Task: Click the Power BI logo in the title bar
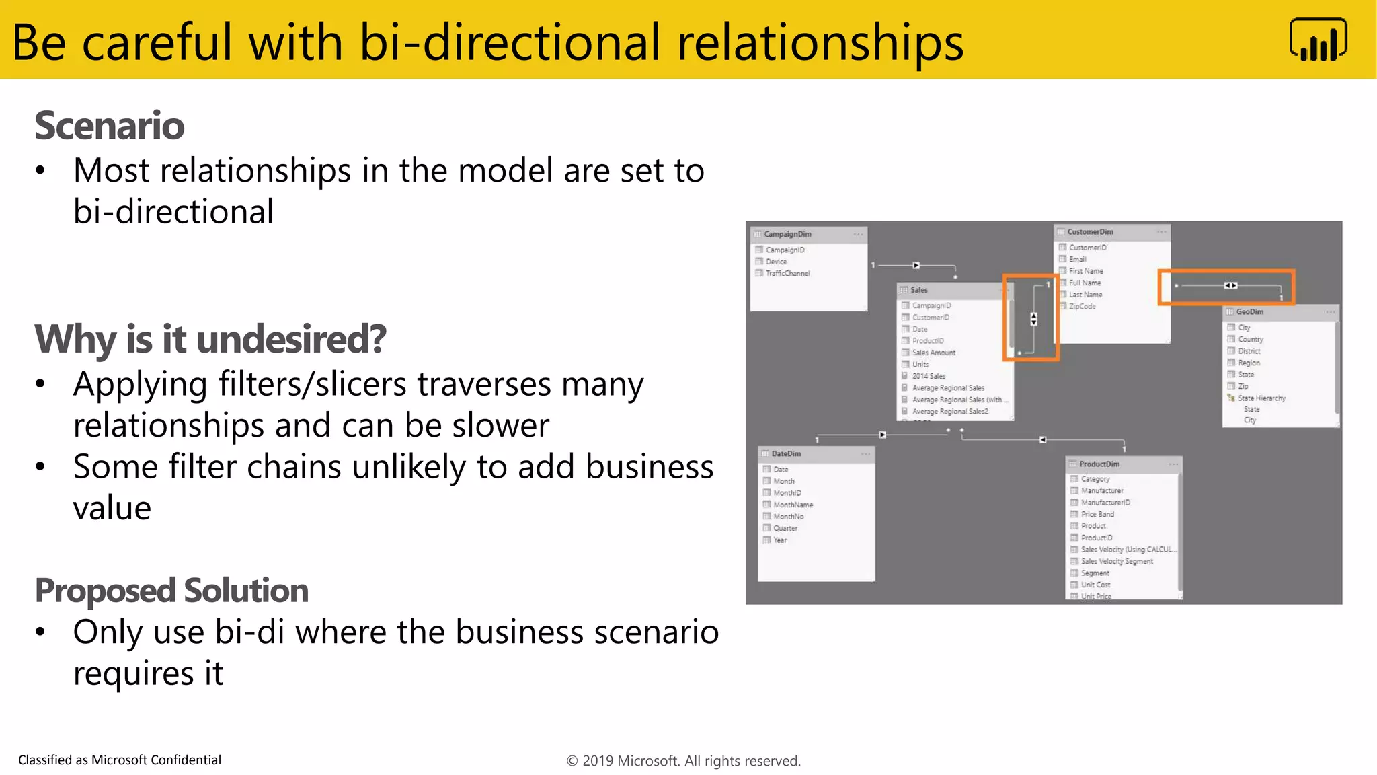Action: [x=1318, y=40]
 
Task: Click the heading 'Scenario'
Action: [x=109, y=126]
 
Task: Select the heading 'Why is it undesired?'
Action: [x=210, y=339]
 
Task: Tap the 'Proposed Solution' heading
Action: [x=171, y=591]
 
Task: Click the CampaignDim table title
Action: [x=787, y=235]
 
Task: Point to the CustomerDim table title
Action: [x=1090, y=232]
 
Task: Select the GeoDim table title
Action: [x=1249, y=312]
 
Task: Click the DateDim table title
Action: [x=786, y=454]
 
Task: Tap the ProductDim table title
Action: [x=1099, y=464]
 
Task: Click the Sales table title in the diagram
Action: [x=918, y=290]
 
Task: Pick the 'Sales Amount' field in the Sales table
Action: [x=933, y=353]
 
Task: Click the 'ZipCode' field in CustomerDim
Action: [x=1082, y=307]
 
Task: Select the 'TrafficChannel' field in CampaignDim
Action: [x=787, y=274]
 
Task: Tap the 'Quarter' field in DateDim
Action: [x=785, y=529]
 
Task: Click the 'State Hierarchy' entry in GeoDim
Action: [x=1261, y=398]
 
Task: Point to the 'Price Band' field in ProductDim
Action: [x=1097, y=514]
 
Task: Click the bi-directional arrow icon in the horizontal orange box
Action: [x=1230, y=286]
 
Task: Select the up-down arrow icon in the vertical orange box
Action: [x=1034, y=319]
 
